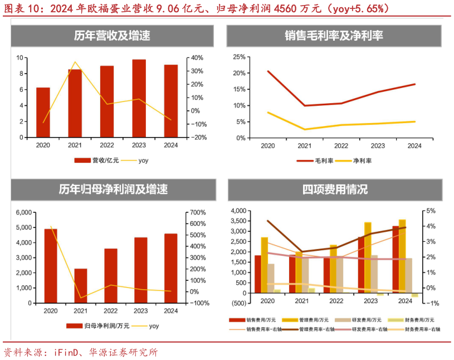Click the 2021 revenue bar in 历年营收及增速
pos(75,103)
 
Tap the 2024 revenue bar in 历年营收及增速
pos(171,101)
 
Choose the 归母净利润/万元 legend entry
pos(105,325)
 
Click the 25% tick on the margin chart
pos(239,57)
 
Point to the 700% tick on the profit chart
pos(199,212)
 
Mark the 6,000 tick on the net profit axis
pos(23,212)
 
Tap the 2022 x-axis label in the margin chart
pos(341,146)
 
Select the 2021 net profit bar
pos(81,285)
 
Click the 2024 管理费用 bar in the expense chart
pos(402,256)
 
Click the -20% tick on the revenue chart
pos(199,138)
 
